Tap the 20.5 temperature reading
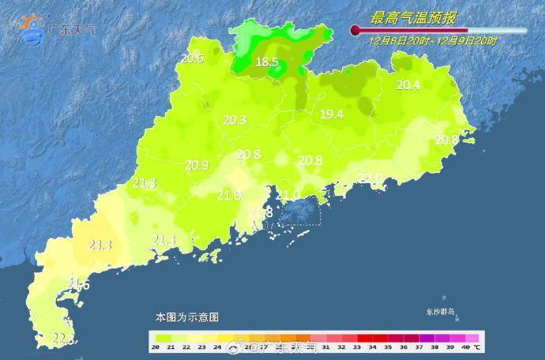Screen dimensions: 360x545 (192, 58)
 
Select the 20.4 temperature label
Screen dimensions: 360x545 (408, 85)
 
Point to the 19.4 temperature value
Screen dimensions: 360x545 (332, 114)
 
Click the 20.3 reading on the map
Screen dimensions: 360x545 (235, 121)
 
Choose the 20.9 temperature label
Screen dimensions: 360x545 (197, 166)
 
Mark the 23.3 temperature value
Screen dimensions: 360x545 (100, 246)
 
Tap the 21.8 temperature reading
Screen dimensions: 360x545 (261, 213)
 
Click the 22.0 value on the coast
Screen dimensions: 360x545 (370, 178)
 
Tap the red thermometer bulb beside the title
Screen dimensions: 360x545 (355, 31)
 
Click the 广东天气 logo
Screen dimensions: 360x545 (59, 28)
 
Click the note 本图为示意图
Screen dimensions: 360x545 (186, 317)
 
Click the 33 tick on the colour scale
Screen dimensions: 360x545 (357, 347)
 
